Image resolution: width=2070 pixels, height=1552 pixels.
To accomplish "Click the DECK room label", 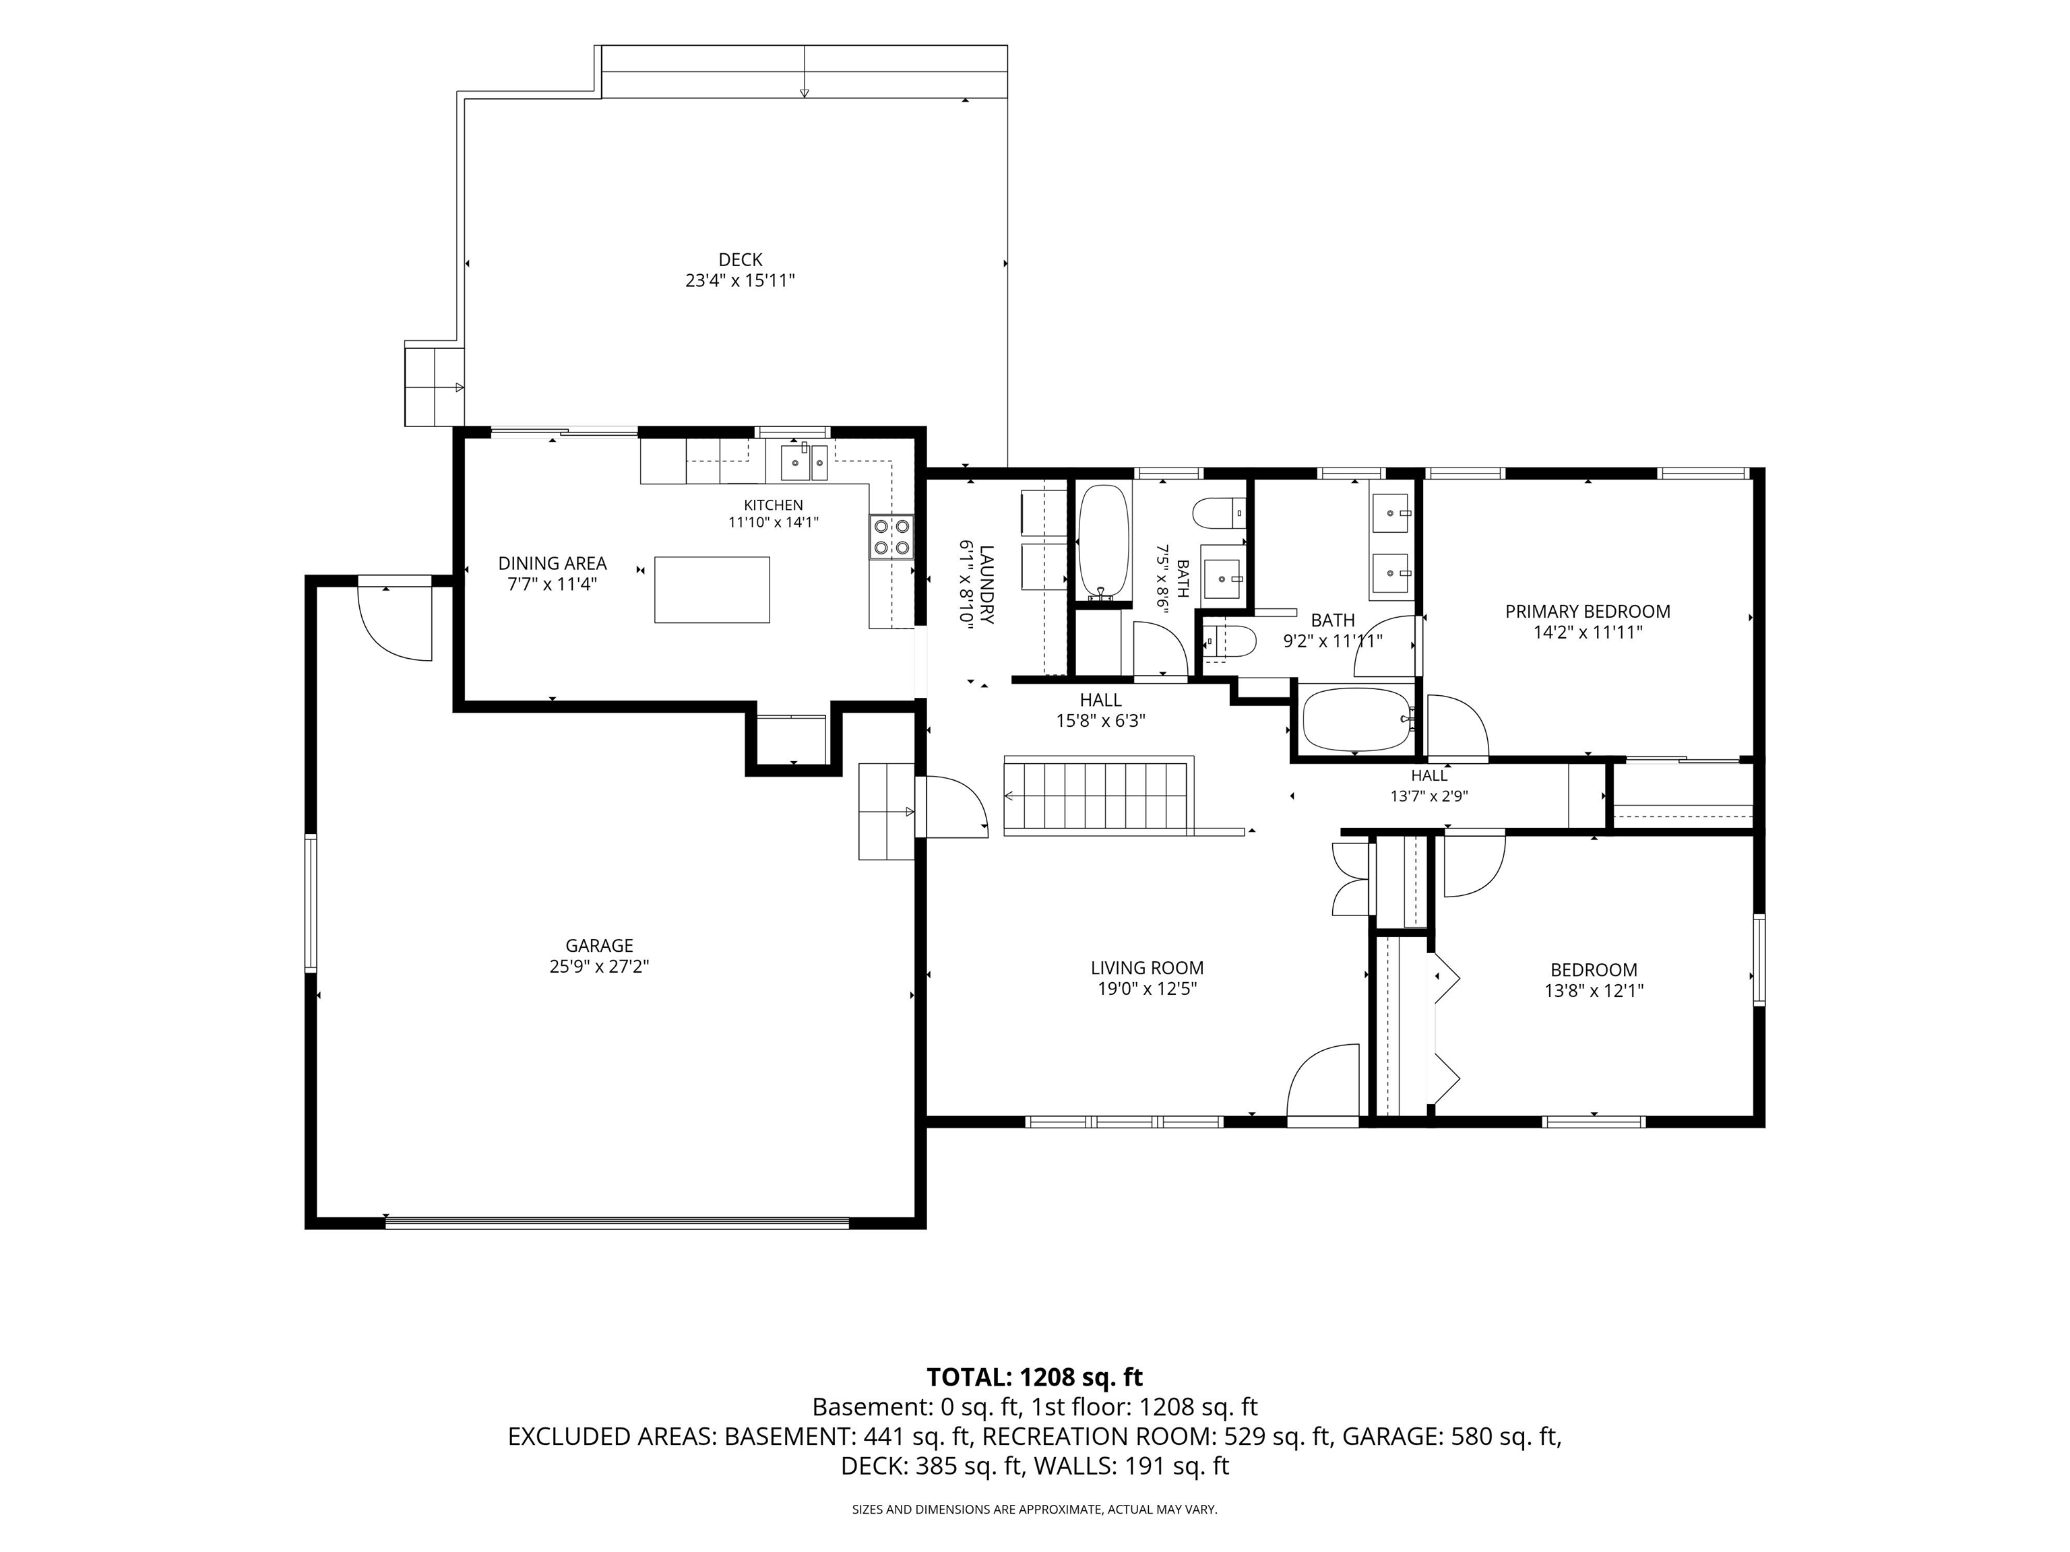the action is [741, 260].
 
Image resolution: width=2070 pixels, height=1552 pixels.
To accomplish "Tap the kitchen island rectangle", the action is [712, 589].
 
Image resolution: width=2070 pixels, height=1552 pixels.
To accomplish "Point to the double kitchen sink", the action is [805, 461].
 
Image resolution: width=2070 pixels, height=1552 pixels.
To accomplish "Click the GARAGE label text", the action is [599, 946].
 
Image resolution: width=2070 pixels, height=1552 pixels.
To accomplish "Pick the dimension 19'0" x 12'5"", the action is [1148, 989].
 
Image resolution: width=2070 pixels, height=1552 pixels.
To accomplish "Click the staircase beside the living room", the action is [1098, 797].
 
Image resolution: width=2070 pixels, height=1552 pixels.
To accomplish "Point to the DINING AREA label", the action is [552, 563].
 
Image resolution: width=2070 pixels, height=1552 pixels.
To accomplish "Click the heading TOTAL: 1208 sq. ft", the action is [1034, 1377].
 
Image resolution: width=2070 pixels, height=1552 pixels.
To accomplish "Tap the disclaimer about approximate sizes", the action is [1034, 1509].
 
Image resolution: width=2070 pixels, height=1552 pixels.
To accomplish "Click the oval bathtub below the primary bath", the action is [1355, 719].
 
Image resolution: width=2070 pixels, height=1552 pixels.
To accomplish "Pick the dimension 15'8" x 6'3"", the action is [1100, 721].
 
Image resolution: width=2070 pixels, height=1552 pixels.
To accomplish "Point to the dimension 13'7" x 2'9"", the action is [1429, 797].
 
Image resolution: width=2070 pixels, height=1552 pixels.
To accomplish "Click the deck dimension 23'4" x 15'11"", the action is [741, 281].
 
